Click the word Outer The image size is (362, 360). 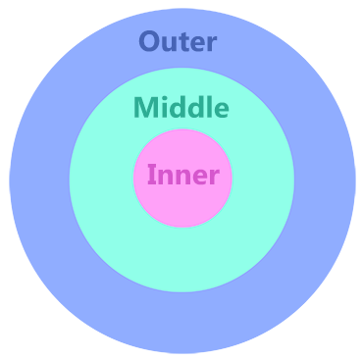click(178, 42)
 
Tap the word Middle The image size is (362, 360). click(181, 107)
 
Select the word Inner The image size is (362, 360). click(182, 177)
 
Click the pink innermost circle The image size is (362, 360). click(182, 206)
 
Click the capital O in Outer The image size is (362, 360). click(150, 42)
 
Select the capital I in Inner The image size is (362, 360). click(151, 177)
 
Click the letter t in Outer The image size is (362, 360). click(182, 42)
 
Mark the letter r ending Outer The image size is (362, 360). click(212, 44)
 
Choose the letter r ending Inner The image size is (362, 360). click(215, 179)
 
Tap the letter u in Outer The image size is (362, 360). click(170, 44)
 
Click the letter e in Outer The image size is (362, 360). click(196, 44)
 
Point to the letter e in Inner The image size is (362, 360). click(199, 179)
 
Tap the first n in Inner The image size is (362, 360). click(164, 179)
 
